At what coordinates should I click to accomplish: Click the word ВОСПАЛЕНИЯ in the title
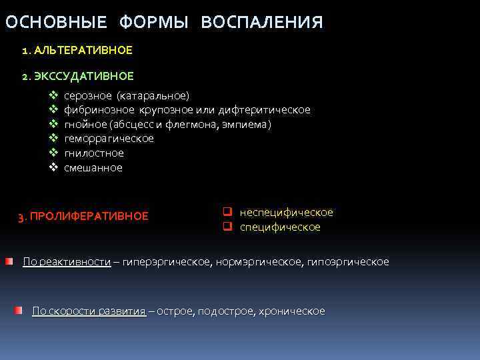pos(262,23)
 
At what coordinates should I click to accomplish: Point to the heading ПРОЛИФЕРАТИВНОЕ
pos(89,216)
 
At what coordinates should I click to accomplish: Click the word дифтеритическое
pos(269,110)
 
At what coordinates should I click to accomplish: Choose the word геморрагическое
pos(109,139)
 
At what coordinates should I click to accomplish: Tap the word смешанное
pos(93,168)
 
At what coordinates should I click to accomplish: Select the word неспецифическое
pos(286,212)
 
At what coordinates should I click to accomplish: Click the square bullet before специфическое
pos(227,227)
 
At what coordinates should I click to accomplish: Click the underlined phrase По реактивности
pos(67,261)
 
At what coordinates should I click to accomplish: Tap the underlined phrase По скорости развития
pos(89,311)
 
